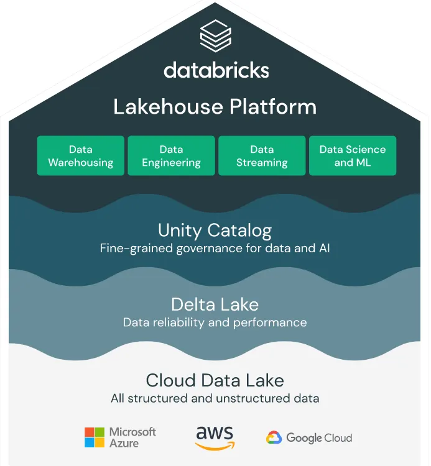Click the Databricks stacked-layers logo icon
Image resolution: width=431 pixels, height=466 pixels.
coord(216,35)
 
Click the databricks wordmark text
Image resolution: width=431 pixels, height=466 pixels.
coord(216,69)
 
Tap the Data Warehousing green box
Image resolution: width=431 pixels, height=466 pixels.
coord(81,156)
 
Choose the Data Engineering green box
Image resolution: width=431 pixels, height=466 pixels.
coord(171,156)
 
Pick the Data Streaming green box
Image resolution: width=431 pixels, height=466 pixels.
coord(262,156)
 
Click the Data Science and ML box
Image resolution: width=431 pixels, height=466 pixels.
coord(352,156)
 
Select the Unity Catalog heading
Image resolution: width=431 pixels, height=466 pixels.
coord(215,231)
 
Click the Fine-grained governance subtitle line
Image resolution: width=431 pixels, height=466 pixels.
coord(215,249)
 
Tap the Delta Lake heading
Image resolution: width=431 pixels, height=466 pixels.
coord(215,304)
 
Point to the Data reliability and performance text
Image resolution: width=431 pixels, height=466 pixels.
coord(215,322)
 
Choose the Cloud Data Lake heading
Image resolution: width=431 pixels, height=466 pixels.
coord(215,380)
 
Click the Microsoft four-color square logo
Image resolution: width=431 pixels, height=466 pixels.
coord(95,437)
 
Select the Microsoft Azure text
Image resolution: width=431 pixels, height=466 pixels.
coord(132,437)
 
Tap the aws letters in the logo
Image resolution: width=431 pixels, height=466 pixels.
coord(215,432)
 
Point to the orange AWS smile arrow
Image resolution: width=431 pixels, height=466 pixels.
coord(216,445)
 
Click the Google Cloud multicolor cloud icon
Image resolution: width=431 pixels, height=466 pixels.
coord(274,438)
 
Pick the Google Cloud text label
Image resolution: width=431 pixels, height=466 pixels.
coord(319,438)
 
